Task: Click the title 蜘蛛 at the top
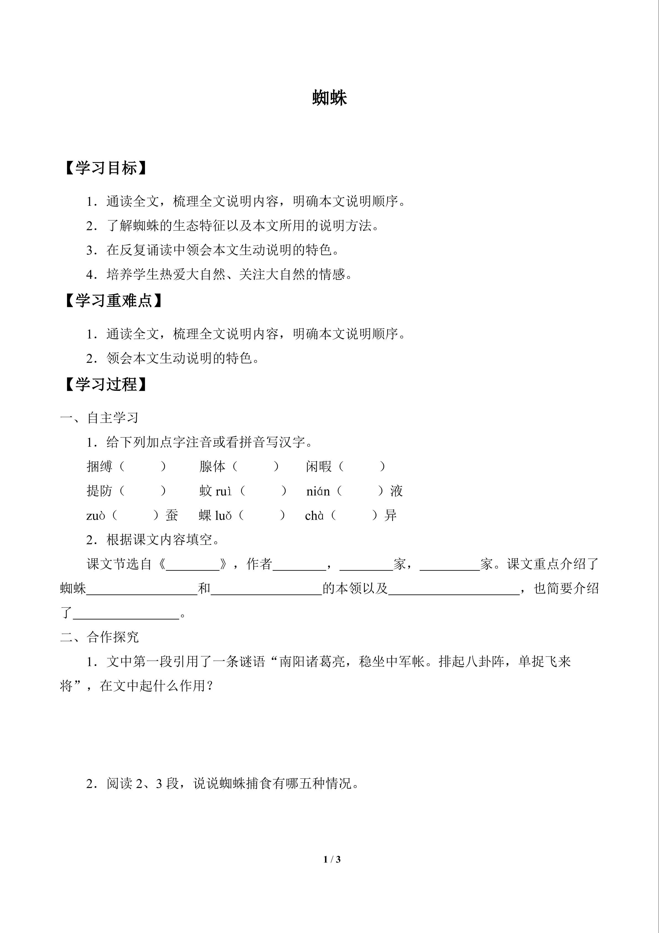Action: pyautogui.click(x=329, y=98)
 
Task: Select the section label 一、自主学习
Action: pyautogui.click(x=99, y=418)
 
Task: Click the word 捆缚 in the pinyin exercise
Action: pyautogui.click(x=99, y=466)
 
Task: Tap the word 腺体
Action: pyautogui.click(x=212, y=466)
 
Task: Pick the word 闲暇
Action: pyautogui.click(x=319, y=466)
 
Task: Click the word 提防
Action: pyautogui.click(x=99, y=491)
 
